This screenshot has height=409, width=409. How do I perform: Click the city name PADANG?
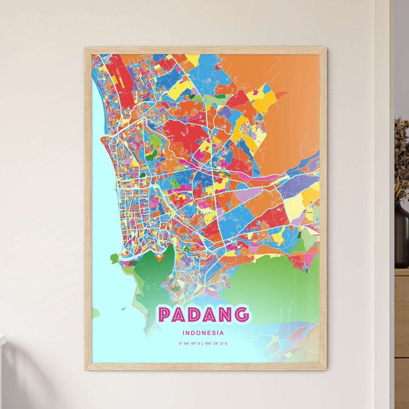coord(204,314)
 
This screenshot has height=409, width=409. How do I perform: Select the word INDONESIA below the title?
coord(203,333)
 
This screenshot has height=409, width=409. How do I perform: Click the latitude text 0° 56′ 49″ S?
coord(189,344)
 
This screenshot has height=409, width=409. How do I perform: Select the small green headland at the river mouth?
coord(114,258)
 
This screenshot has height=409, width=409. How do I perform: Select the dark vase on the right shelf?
coord(402,238)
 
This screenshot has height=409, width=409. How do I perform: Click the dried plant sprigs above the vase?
coord(401,153)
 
